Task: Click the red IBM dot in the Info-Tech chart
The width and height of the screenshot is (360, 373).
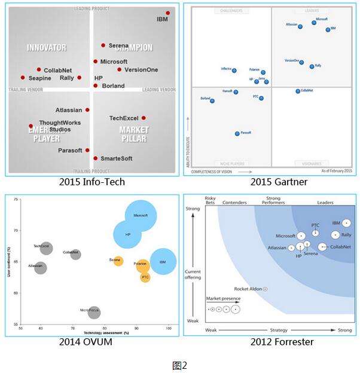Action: [x=168, y=13]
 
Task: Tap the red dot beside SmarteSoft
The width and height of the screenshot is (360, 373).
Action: [x=95, y=158]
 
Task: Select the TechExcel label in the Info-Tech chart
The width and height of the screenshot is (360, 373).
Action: [x=124, y=118]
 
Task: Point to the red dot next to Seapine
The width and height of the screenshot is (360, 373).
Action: [x=23, y=78]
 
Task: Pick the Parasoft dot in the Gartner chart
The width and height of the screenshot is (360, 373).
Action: [x=237, y=133]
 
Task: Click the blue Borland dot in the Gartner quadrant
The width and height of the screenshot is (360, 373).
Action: [x=212, y=101]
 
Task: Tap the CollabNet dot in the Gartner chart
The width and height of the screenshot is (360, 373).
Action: [x=298, y=91]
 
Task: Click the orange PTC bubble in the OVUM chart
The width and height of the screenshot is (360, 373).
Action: [x=145, y=277]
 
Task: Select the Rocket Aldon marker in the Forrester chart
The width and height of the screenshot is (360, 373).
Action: [x=265, y=289]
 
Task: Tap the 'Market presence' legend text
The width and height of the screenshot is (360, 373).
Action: [x=223, y=298]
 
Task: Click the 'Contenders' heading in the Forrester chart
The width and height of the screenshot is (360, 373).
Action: [x=234, y=203]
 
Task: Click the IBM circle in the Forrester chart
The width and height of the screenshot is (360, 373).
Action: [x=346, y=223]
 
